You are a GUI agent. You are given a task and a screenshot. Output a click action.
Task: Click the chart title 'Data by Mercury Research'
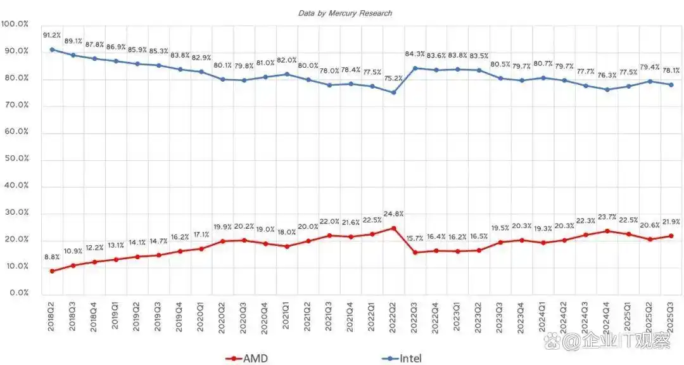[x=345, y=13]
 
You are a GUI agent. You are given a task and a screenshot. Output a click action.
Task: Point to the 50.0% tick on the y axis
[x=15, y=159]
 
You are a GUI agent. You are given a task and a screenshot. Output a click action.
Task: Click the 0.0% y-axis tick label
[x=15, y=293]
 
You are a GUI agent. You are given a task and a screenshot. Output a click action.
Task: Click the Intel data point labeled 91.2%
[x=52, y=49]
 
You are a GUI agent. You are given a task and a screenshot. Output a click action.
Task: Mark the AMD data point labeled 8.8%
[x=52, y=271]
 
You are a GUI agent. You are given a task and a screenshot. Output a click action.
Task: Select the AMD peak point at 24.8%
[x=394, y=228]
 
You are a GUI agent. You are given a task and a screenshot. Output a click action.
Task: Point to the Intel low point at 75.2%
[x=394, y=93]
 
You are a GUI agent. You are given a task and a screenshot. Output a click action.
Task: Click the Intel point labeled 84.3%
[x=415, y=68]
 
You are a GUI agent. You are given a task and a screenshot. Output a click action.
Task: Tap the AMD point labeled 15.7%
[x=415, y=252]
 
